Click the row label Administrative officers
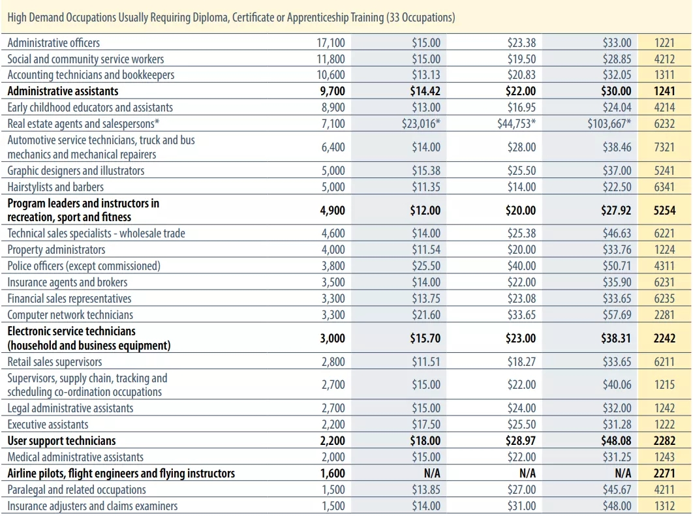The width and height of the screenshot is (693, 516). click(x=54, y=42)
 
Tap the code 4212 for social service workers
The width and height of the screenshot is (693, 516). click(x=664, y=59)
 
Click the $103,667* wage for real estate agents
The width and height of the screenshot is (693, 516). click(x=609, y=123)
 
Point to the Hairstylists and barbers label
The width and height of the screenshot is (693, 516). click(x=55, y=187)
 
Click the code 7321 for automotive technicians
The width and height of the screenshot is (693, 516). click(x=664, y=147)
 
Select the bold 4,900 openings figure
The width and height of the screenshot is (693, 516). click(x=332, y=210)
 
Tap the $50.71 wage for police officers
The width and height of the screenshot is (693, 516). click(x=617, y=266)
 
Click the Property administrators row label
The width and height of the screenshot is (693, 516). click(x=56, y=250)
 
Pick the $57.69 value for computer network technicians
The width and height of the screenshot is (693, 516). click(x=617, y=315)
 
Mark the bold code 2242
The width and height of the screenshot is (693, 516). click(x=664, y=339)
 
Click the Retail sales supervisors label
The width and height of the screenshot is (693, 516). click(x=55, y=362)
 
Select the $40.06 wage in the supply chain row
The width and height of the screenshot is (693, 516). click(x=617, y=385)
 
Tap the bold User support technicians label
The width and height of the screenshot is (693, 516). click(x=61, y=441)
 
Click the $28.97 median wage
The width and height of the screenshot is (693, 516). click(x=521, y=441)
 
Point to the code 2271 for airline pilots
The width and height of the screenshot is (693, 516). click(x=664, y=474)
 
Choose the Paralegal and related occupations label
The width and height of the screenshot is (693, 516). click(x=76, y=490)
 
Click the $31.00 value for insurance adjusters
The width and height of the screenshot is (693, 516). click(x=521, y=506)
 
